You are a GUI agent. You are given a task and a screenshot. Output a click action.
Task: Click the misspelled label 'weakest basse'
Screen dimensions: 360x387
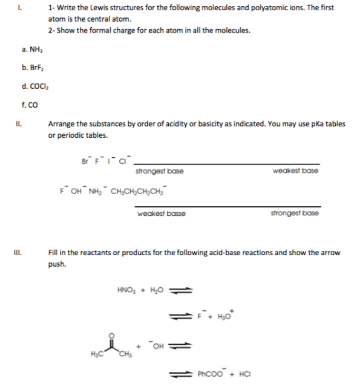(161, 213)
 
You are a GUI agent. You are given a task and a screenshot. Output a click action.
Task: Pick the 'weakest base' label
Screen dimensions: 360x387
(295, 171)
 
